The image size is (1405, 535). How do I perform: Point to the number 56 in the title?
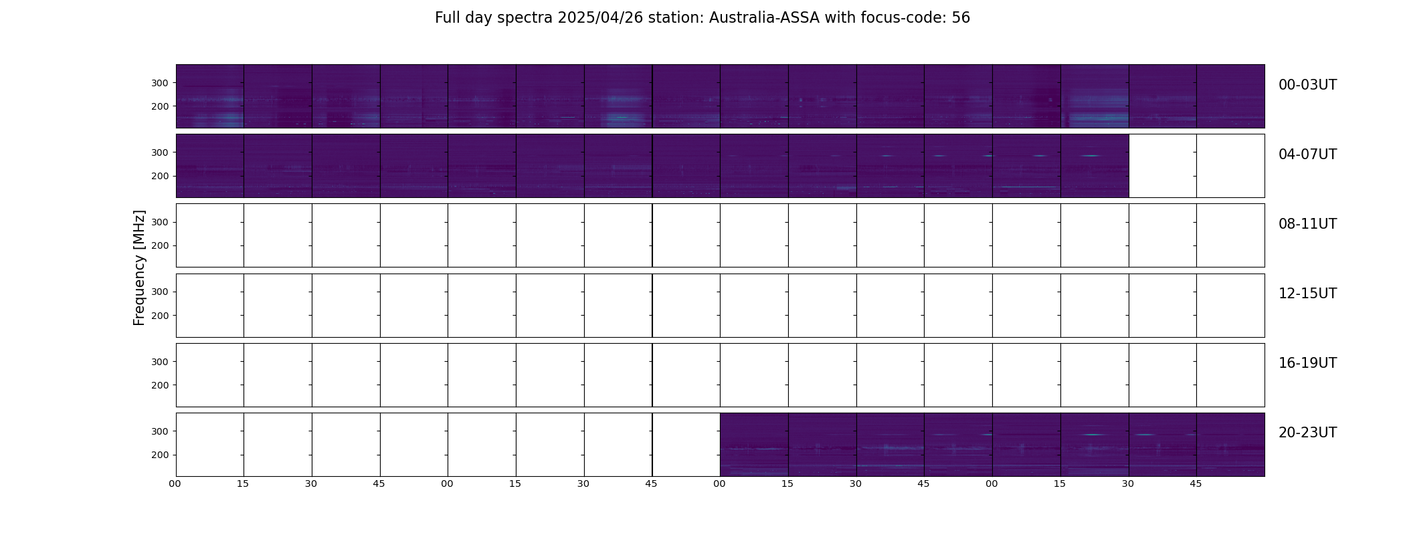tap(961, 18)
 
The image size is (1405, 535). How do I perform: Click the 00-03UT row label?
tap(1307, 85)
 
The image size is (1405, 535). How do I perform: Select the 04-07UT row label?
tap(1307, 154)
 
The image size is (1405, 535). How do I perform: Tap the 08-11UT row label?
tap(1307, 224)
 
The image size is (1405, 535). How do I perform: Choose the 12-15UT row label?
tap(1307, 294)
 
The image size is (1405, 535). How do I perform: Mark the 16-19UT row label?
tap(1307, 363)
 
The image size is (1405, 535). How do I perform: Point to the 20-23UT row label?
tap(1307, 433)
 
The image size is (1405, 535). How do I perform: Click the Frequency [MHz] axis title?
tap(139, 267)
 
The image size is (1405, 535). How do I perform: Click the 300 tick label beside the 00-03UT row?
tap(160, 83)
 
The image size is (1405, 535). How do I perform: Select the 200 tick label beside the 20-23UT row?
tap(160, 455)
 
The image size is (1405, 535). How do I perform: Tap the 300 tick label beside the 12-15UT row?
tap(160, 292)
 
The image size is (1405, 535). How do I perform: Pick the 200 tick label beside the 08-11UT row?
tap(160, 245)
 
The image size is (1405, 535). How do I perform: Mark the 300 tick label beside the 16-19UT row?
tap(160, 362)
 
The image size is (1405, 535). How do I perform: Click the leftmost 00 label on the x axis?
tap(175, 484)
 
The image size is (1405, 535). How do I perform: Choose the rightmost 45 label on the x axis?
tap(1196, 484)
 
